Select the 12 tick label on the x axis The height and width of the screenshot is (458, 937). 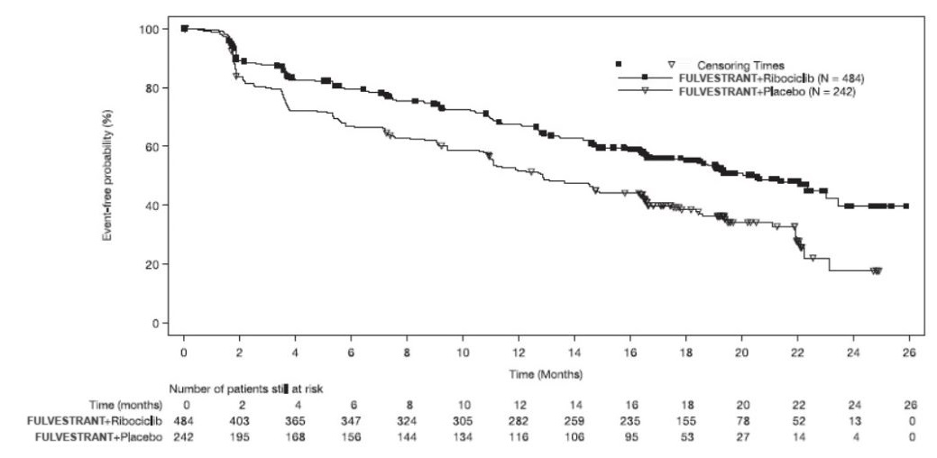519,351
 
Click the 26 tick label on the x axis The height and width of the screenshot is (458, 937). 908,351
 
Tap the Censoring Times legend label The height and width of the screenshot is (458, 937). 743,65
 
